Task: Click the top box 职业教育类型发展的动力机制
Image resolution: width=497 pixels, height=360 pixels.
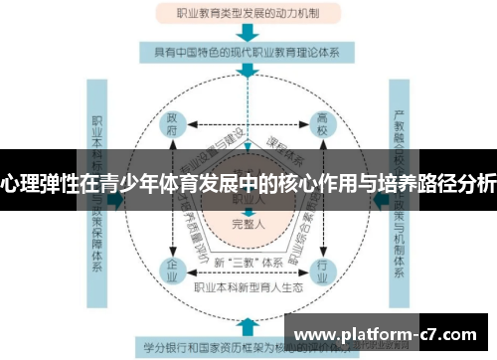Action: coord(248,14)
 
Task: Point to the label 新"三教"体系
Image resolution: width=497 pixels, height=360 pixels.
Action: coord(247,260)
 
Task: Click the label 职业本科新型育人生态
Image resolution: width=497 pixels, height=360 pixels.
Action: coord(248,287)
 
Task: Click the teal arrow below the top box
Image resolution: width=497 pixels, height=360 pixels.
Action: coord(248,34)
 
